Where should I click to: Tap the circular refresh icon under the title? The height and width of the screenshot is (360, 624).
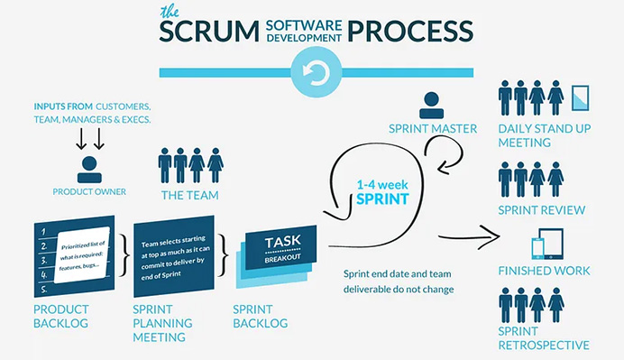(x=311, y=73)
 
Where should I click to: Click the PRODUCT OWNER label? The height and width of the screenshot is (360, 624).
(x=88, y=192)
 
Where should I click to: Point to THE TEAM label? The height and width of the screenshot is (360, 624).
(x=190, y=194)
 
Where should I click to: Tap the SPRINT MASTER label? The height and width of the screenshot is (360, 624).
(x=431, y=129)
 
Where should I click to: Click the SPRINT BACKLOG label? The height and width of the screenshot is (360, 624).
(x=260, y=315)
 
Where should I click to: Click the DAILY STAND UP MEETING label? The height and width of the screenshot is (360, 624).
(x=545, y=136)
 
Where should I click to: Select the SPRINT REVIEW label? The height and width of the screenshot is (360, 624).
(x=542, y=210)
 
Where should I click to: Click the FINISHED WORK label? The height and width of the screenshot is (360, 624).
(x=545, y=270)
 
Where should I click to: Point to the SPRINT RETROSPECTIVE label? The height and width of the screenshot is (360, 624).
(x=544, y=338)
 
